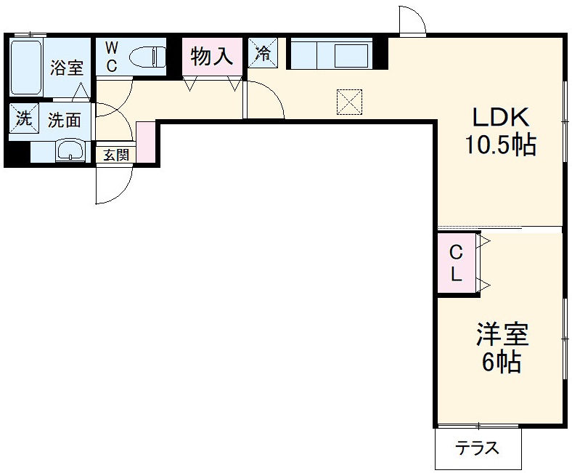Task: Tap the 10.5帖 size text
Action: pos(500,146)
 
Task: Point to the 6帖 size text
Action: pos(502,362)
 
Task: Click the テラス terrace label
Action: pos(478,448)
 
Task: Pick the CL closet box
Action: pos(457,264)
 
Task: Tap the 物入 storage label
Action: pos(212,56)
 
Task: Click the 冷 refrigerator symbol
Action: pos(262,52)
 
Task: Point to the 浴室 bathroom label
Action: pos(66,68)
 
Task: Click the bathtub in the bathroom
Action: pos(27,68)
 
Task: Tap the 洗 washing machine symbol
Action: pos(24,119)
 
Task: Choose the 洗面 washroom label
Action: pos(64,120)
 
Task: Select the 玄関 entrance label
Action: pos(115,155)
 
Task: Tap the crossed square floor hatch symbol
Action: pos(349,102)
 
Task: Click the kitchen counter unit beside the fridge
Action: pos(331,54)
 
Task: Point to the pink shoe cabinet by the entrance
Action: pos(145,142)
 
